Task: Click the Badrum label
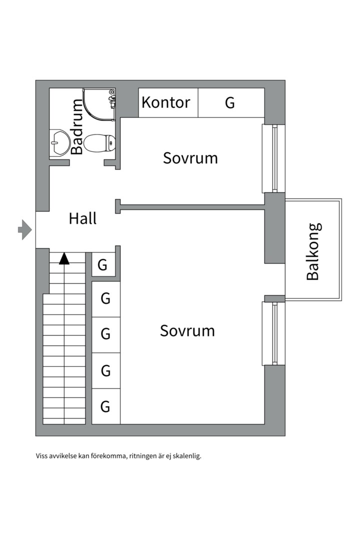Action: click(x=77, y=126)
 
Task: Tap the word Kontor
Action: click(x=166, y=102)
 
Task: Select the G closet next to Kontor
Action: click(x=229, y=102)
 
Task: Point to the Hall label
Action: click(x=82, y=218)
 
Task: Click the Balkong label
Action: click(x=313, y=251)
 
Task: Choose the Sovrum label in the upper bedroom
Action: click(x=190, y=158)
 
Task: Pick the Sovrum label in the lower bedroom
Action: click(x=187, y=330)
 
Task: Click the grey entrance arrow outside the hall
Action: click(x=24, y=230)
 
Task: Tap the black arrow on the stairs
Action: click(x=64, y=258)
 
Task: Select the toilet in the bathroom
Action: click(x=99, y=143)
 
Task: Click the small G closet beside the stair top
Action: click(x=102, y=264)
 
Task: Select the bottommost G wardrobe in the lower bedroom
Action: click(x=105, y=406)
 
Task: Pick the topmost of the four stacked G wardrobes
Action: click(x=105, y=299)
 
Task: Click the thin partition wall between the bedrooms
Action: click(x=192, y=206)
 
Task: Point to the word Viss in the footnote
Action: click(x=42, y=456)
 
